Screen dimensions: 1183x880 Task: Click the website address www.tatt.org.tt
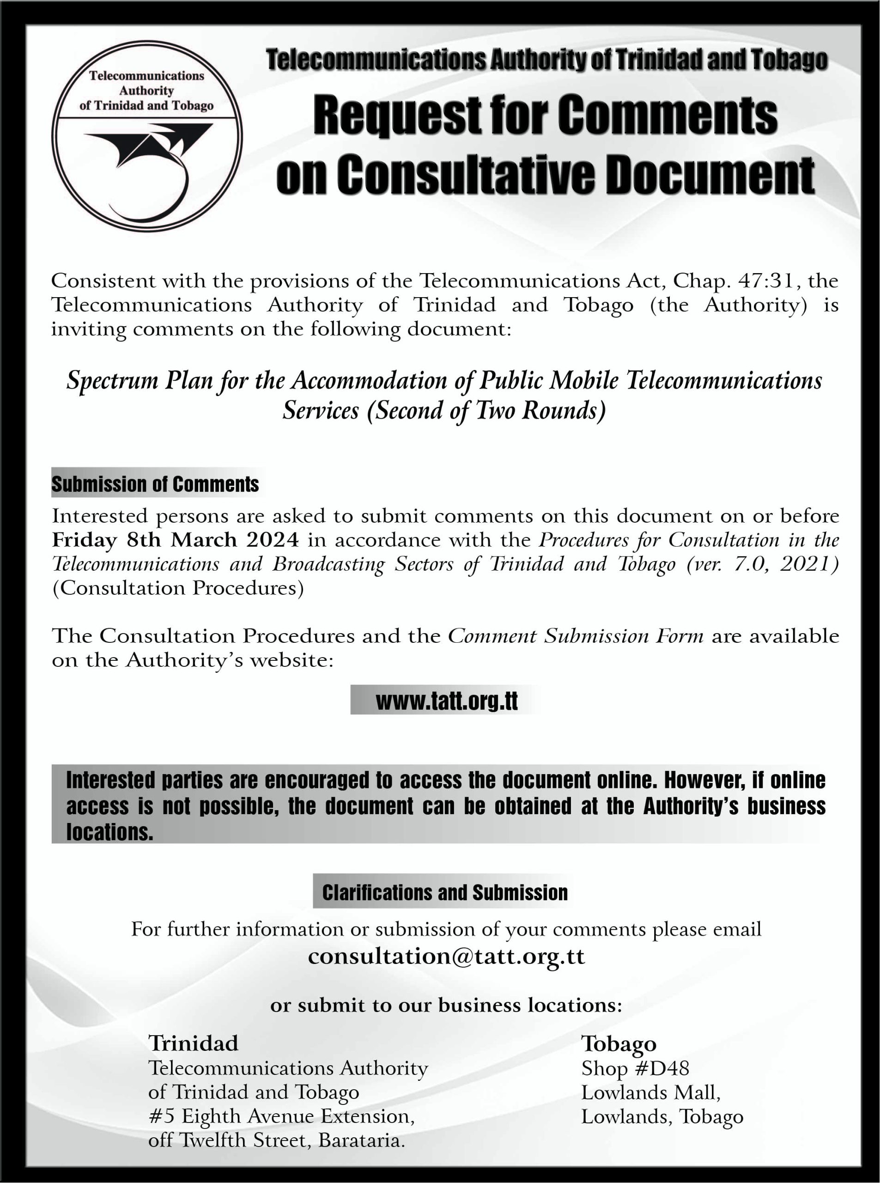pos(446,701)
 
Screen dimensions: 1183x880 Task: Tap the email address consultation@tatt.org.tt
pos(446,956)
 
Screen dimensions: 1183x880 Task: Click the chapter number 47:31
pos(768,281)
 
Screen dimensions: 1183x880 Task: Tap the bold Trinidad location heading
pos(193,1043)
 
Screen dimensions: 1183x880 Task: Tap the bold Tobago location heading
pos(619,1043)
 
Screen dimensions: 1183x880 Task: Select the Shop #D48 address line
pos(635,1068)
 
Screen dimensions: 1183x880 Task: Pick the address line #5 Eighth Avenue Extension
pos(281,1116)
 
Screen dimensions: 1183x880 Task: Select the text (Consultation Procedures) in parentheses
pos(178,588)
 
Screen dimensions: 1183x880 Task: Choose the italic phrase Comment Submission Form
pos(575,636)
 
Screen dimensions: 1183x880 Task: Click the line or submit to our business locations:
pos(446,1005)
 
